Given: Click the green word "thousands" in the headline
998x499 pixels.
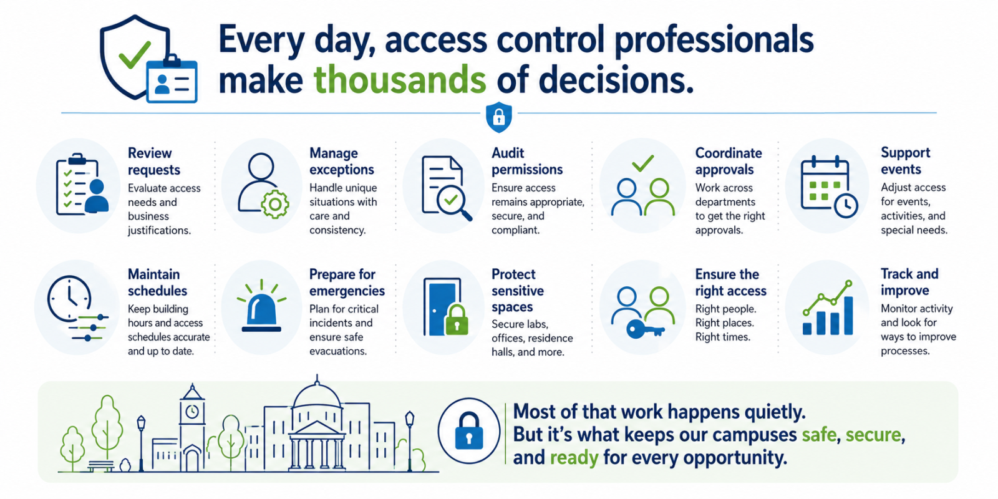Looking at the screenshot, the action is pos(400,79).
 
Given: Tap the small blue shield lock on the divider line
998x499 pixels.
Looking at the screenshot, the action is pos(498,117).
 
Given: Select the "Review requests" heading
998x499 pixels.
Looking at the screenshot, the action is pos(153,162).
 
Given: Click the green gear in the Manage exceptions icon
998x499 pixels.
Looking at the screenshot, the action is pos(275,204).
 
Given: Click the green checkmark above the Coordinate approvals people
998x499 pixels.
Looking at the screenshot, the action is pos(643,163).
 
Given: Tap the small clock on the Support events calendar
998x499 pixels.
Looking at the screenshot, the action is pos(845,205).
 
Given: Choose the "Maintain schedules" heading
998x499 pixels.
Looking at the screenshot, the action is pos(157,282).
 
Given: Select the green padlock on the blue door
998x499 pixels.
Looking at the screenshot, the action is pos(457,320).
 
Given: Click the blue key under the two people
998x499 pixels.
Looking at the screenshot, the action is pos(645,330).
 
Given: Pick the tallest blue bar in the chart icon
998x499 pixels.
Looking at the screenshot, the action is pos(848,316).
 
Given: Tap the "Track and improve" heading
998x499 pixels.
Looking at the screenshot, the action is pos(909,281).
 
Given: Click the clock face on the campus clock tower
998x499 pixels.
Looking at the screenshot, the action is pos(192,411).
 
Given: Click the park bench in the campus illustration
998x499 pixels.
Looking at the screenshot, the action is pos(100,465).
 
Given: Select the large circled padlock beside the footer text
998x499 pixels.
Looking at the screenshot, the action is pos(468,431).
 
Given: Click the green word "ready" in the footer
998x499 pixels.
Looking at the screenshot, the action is pos(574,458).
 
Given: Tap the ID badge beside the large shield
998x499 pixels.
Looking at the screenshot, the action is pos(172,79).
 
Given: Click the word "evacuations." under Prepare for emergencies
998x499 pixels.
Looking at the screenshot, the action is pos(338,351).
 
